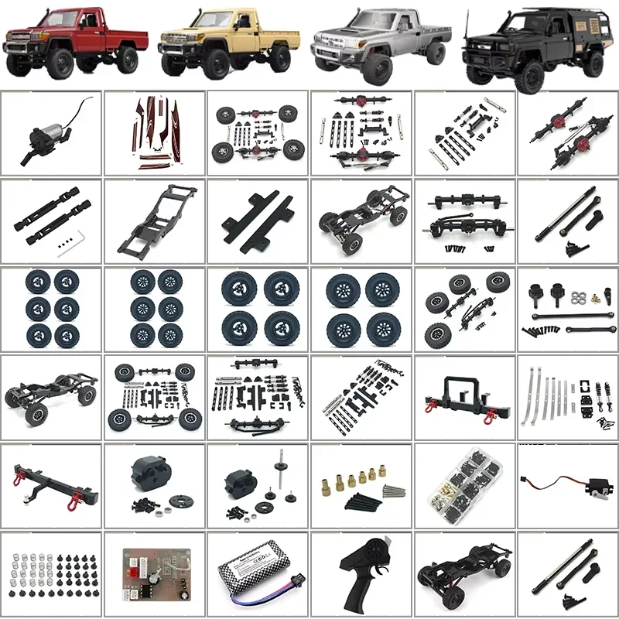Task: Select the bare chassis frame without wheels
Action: point(155,221)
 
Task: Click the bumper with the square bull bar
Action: point(464,395)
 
